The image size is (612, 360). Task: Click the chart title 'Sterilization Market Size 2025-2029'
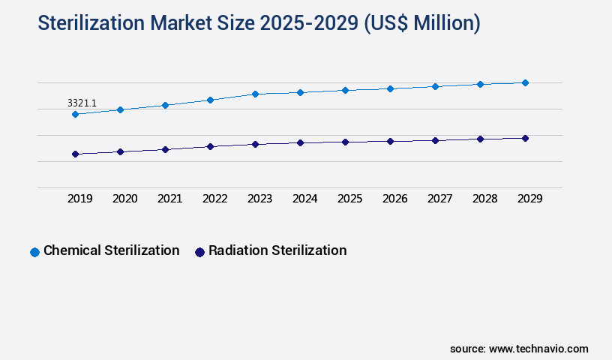pos(259,24)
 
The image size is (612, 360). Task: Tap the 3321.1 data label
pos(82,102)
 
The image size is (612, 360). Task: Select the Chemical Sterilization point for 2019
pos(75,114)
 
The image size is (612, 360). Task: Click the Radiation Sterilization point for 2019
pos(75,154)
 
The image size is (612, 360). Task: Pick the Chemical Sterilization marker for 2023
pos(255,94)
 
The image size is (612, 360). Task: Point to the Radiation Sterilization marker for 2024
pos(300,142)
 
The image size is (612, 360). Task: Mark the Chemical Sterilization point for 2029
pos(525,82)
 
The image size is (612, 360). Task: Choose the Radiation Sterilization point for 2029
pos(525,138)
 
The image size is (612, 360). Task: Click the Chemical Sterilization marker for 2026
pos(390,88)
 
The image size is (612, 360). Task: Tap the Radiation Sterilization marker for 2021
pos(165,149)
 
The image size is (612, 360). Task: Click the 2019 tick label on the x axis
pos(80,199)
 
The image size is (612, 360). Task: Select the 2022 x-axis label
pos(215,199)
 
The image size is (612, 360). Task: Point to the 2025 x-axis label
pos(350,199)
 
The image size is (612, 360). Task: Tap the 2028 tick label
pos(485,199)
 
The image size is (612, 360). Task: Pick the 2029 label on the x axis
pos(529,199)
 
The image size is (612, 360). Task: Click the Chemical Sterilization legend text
pos(111,250)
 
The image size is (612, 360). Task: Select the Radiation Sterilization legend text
pos(277,250)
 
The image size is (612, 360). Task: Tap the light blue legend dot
pos(34,252)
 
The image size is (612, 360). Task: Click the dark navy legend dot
pos(199,252)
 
